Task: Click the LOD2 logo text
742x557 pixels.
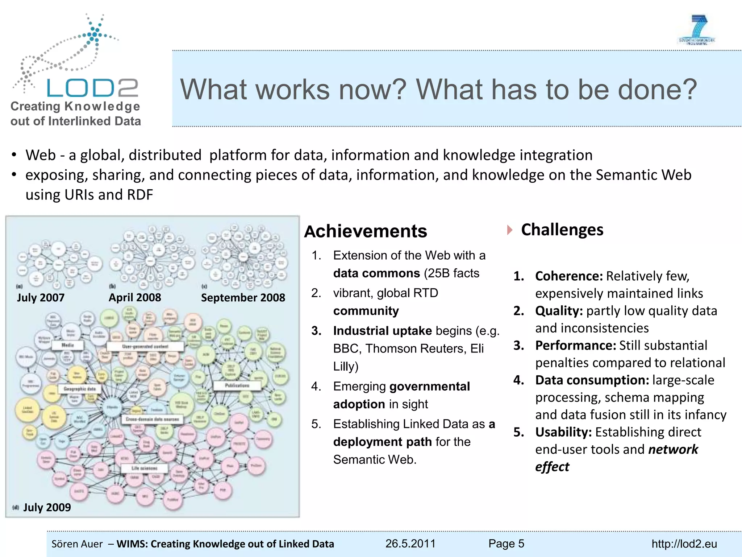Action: click(x=92, y=88)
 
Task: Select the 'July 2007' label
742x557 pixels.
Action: click(x=41, y=298)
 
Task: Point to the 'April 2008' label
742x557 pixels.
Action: click(x=135, y=298)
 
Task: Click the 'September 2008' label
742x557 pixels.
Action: click(x=243, y=298)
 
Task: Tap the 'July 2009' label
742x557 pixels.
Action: click(x=47, y=507)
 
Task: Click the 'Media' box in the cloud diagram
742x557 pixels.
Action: click(x=68, y=345)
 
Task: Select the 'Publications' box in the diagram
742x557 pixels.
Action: click(x=237, y=385)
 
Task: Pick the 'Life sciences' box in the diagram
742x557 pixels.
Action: click(x=144, y=468)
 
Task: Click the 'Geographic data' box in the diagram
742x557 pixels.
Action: click(x=80, y=389)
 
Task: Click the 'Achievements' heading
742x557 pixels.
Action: click(x=366, y=231)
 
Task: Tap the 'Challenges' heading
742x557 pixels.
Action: click(x=562, y=230)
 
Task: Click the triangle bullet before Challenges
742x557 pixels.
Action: click(x=510, y=230)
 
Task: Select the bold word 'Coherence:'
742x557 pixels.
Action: click(x=569, y=276)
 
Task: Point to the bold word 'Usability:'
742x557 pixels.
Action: click(x=563, y=432)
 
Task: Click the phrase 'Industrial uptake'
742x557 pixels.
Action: click(x=382, y=331)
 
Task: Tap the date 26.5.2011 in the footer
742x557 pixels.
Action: click(x=410, y=544)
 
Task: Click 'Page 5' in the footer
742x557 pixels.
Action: click(x=506, y=544)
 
